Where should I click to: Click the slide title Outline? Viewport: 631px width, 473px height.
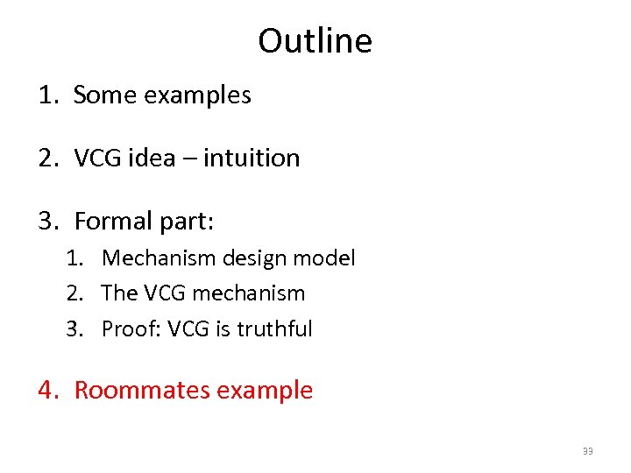(315, 41)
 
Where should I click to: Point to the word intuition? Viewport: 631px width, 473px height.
(254, 158)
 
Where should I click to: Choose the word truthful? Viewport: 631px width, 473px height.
(274, 329)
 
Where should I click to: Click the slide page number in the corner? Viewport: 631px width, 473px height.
(588, 451)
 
